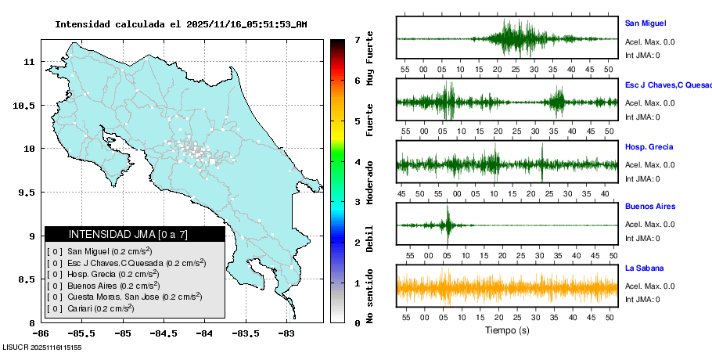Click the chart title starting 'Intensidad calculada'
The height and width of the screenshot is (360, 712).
pyautogui.click(x=180, y=24)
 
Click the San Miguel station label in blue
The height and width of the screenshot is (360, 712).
pyautogui.click(x=645, y=23)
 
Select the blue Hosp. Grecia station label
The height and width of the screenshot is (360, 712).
pyautogui.click(x=649, y=147)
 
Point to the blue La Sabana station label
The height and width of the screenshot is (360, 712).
pyautogui.click(x=644, y=268)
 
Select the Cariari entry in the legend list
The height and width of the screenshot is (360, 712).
pyautogui.click(x=91, y=308)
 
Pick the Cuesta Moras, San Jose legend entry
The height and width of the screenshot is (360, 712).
pyautogui.click(x=125, y=297)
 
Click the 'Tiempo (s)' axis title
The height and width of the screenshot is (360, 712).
pyautogui.click(x=506, y=331)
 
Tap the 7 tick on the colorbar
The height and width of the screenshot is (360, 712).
pyautogui.click(x=357, y=39)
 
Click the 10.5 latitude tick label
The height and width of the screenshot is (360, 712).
pyautogui.click(x=27, y=105)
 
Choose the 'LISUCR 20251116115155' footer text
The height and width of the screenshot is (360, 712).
pyautogui.click(x=42, y=347)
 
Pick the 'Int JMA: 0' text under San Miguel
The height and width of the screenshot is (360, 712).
pyautogui.click(x=642, y=55)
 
